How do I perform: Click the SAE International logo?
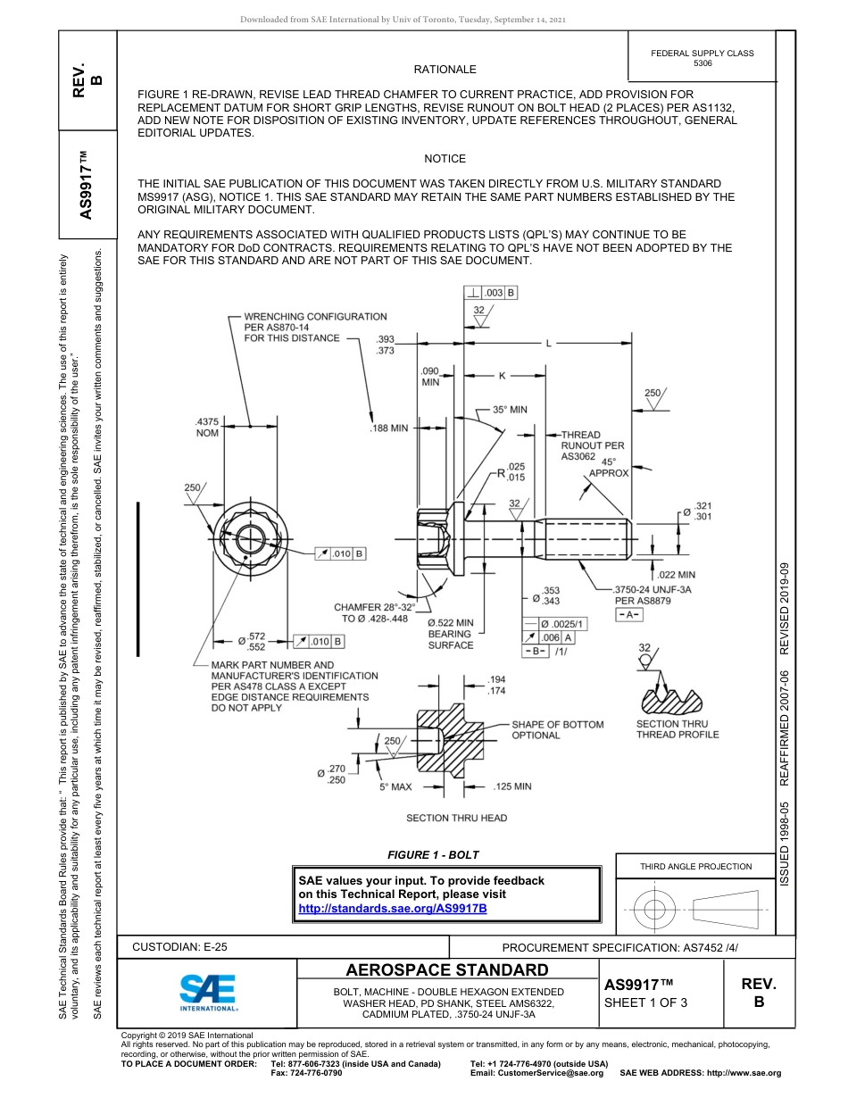click(207, 991)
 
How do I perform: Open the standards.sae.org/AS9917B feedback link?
click(392, 908)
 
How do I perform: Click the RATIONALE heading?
click(445, 70)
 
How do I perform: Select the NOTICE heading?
click(445, 159)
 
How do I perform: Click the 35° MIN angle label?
click(510, 410)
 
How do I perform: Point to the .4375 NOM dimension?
click(207, 427)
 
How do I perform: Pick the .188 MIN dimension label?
click(388, 428)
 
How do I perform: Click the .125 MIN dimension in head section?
click(511, 786)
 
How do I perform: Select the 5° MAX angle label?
click(395, 787)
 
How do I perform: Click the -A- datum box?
click(630, 616)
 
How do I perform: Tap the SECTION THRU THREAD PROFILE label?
click(677, 729)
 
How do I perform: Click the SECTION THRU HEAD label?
click(456, 818)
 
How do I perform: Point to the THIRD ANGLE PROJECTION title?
click(695, 866)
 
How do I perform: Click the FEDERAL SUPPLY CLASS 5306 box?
click(702, 58)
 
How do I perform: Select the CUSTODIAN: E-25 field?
click(180, 946)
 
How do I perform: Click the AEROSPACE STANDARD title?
click(446, 970)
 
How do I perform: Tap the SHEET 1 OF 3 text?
click(645, 1002)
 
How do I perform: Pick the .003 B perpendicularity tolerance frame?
click(491, 292)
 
